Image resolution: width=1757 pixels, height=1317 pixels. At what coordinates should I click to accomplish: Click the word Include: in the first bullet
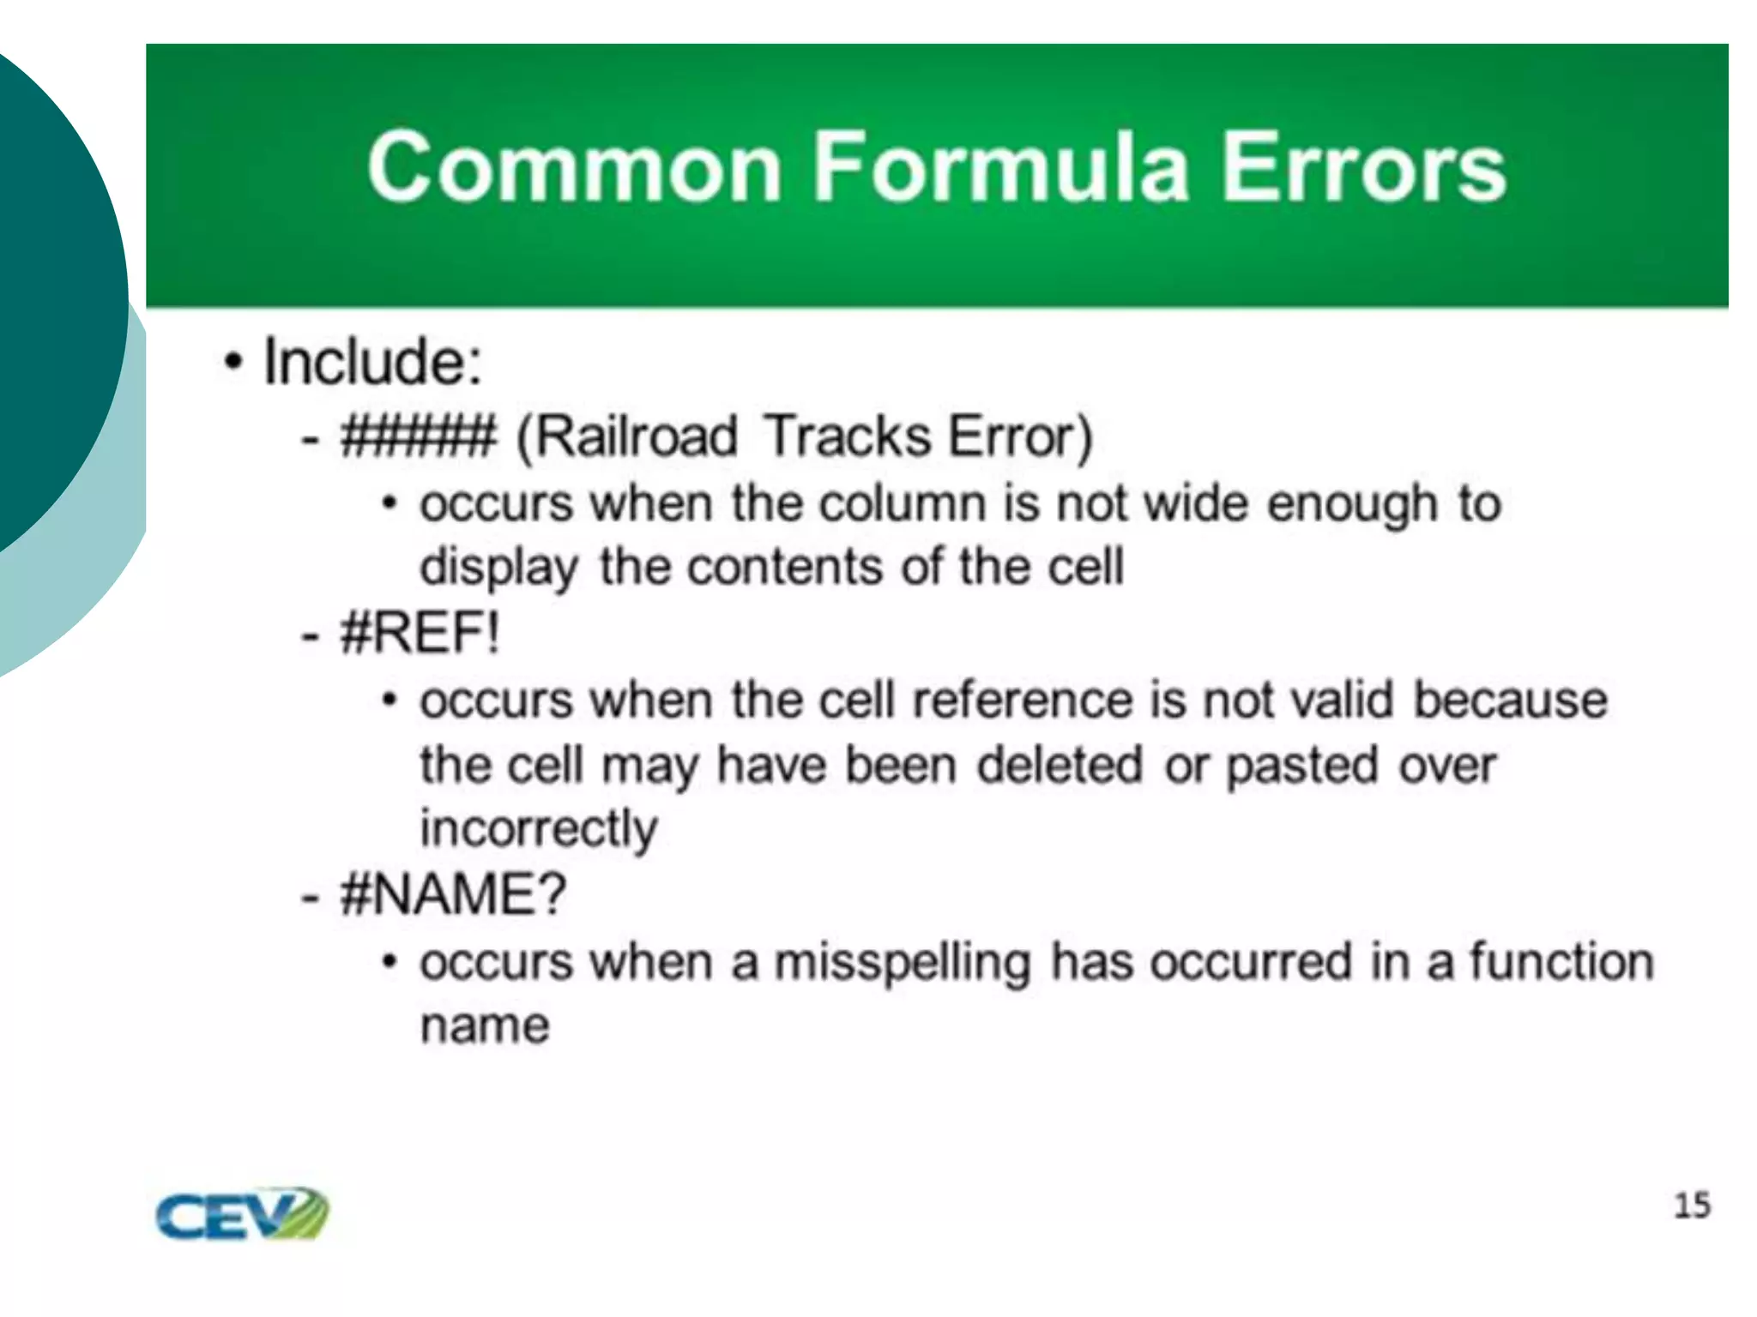pyautogui.click(x=372, y=362)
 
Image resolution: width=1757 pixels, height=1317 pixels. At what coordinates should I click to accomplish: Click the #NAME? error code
pyautogui.click(x=453, y=894)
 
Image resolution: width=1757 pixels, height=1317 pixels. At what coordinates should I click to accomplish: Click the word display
pyautogui.click(x=498, y=568)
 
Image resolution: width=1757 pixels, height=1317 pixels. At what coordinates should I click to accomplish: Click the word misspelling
pyautogui.click(x=903, y=962)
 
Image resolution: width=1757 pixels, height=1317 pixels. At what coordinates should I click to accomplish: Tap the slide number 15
pyautogui.click(x=1692, y=1206)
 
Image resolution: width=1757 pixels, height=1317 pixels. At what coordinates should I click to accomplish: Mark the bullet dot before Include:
pyautogui.click(x=232, y=362)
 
